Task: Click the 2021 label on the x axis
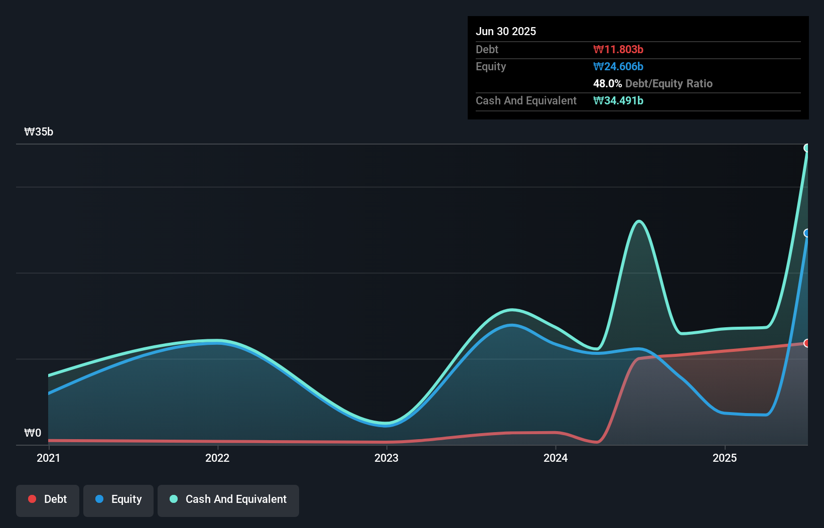[48, 458]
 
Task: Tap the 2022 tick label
[217, 458]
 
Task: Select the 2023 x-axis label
[386, 458]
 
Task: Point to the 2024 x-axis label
[556, 458]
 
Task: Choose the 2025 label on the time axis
[725, 458]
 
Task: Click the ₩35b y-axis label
[39, 132]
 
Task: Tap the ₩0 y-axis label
[33, 433]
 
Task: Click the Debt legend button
[48, 499]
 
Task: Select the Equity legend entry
[118, 499]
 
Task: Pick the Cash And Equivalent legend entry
[228, 499]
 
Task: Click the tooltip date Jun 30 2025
[506, 31]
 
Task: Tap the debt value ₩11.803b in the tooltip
[618, 49]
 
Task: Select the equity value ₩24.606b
[618, 66]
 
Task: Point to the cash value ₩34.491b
[618, 100]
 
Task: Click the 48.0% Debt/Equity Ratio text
[652, 83]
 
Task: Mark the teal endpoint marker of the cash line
[807, 148]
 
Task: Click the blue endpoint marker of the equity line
[807, 233]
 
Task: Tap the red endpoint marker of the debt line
[807, 343]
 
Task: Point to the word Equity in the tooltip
[491, 66]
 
